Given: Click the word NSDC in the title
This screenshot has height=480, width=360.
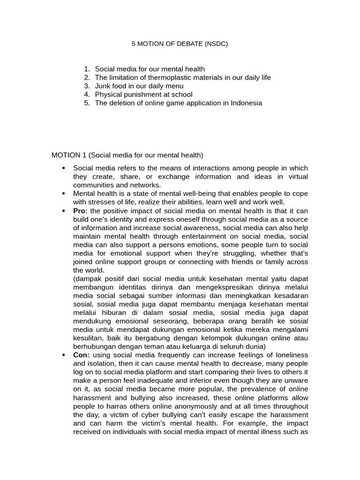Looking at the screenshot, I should [x=216, y=44].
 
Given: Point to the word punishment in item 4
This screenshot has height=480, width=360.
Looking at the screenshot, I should [x=144, y=94].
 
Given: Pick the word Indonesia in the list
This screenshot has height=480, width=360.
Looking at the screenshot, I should [x=246, y=103].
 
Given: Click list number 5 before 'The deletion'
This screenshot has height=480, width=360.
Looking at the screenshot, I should [x=87, y=103].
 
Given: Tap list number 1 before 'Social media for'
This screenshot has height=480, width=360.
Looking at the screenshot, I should [x=87, y=69].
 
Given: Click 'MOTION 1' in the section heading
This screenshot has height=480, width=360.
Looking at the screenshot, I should [x=68, y=155].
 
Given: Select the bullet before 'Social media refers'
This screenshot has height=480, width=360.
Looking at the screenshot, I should [x=64, y=168].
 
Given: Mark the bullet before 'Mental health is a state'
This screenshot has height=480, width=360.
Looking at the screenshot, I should [x=64, y=194].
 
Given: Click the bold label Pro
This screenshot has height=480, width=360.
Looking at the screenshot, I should [x=79, y=210].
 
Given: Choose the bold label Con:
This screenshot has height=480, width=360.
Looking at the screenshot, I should [x=81, y=355].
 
